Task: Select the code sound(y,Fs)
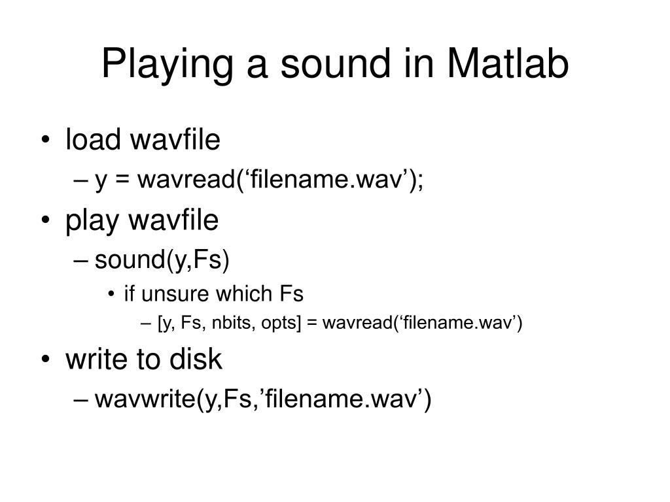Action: (x=162, y=261)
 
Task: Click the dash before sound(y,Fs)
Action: (x=85, y=261)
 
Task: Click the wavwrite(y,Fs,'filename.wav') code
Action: (x=262, y=399)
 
